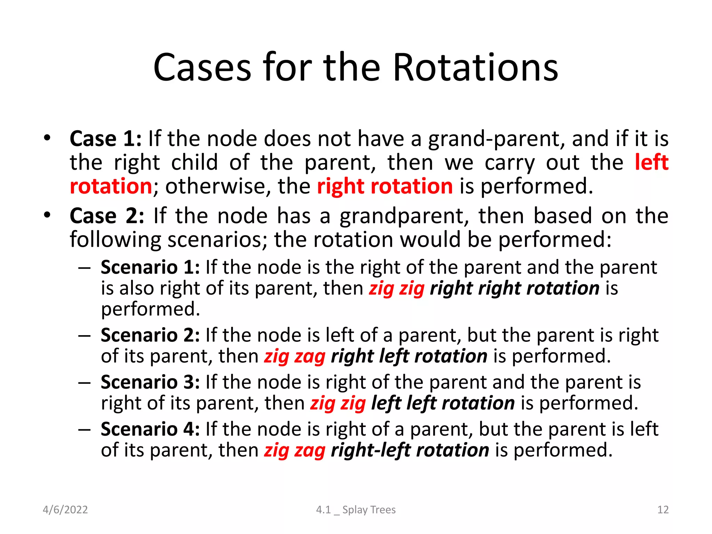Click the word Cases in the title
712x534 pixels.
(202, 67)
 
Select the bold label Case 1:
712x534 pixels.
(106, 139)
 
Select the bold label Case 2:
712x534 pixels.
(107, 216)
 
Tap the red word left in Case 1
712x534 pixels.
(652, 162)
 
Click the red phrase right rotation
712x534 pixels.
(385, 186)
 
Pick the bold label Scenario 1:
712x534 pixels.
(150, 268)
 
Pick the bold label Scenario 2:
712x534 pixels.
(150, 335)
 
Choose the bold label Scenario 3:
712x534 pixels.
(150, 382)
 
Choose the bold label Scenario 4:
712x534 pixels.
(150, 429)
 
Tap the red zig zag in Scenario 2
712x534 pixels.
(294, 357)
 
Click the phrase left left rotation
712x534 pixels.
(443, 403)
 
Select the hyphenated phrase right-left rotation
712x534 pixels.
(410, 450)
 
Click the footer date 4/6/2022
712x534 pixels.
(65, 510)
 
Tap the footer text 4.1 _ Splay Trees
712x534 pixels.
(356, 510)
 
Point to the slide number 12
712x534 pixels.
(663, 510)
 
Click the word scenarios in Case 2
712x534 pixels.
(217, 240)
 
